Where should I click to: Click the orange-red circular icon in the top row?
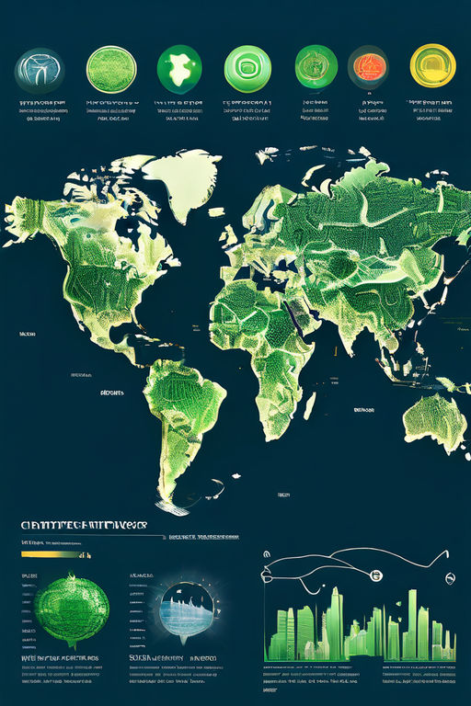[x=368, y=67]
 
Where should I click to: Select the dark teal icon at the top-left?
[x=40, y=70]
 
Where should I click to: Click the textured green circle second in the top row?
[x=111, y=69]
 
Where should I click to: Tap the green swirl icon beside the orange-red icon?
[x=316, y=67]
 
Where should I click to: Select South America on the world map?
[x=184, y=414]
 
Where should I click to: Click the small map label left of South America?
[x=112, y=393]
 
